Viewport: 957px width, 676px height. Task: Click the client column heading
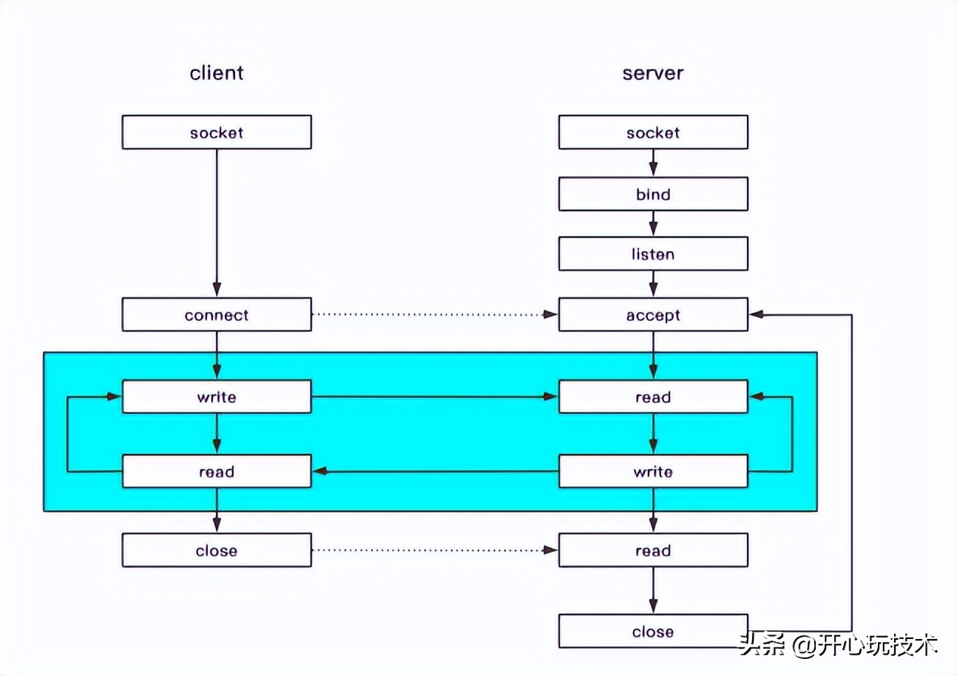click(x=217, y=72)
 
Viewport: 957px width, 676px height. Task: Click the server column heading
click(x=652, y=72)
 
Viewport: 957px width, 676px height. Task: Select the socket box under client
click(x=217, y=132)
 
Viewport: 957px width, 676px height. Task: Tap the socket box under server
click(x=653, y=132)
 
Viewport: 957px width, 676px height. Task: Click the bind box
click(x=653, y=195)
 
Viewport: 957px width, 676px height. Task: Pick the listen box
click(x=653, y=254)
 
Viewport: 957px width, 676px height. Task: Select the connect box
click(x=217, y=315)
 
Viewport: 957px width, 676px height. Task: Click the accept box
click(x=653, y=315)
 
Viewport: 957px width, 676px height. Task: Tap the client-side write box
click(x=217, y=397)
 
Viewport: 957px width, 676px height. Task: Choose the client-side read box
click(x=217, y=471)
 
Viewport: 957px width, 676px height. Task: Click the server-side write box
click(x=653, y=471)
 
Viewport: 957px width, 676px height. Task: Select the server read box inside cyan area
click(x=653, y=397)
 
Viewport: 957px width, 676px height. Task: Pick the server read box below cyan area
click(x=653, y=550)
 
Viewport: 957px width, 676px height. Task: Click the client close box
click(x=217, y=550)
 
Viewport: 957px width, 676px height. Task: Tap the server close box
click(x=653, y=632)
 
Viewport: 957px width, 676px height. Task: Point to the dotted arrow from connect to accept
click(x=435, y=315)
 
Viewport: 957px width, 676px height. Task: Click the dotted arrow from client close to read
click(x=435, y=550)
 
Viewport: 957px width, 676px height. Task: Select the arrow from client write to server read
click(x=435, y=397)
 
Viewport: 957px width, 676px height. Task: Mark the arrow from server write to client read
click(x=435, y=471)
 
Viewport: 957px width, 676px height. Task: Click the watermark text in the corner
click(x=839, y=644)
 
